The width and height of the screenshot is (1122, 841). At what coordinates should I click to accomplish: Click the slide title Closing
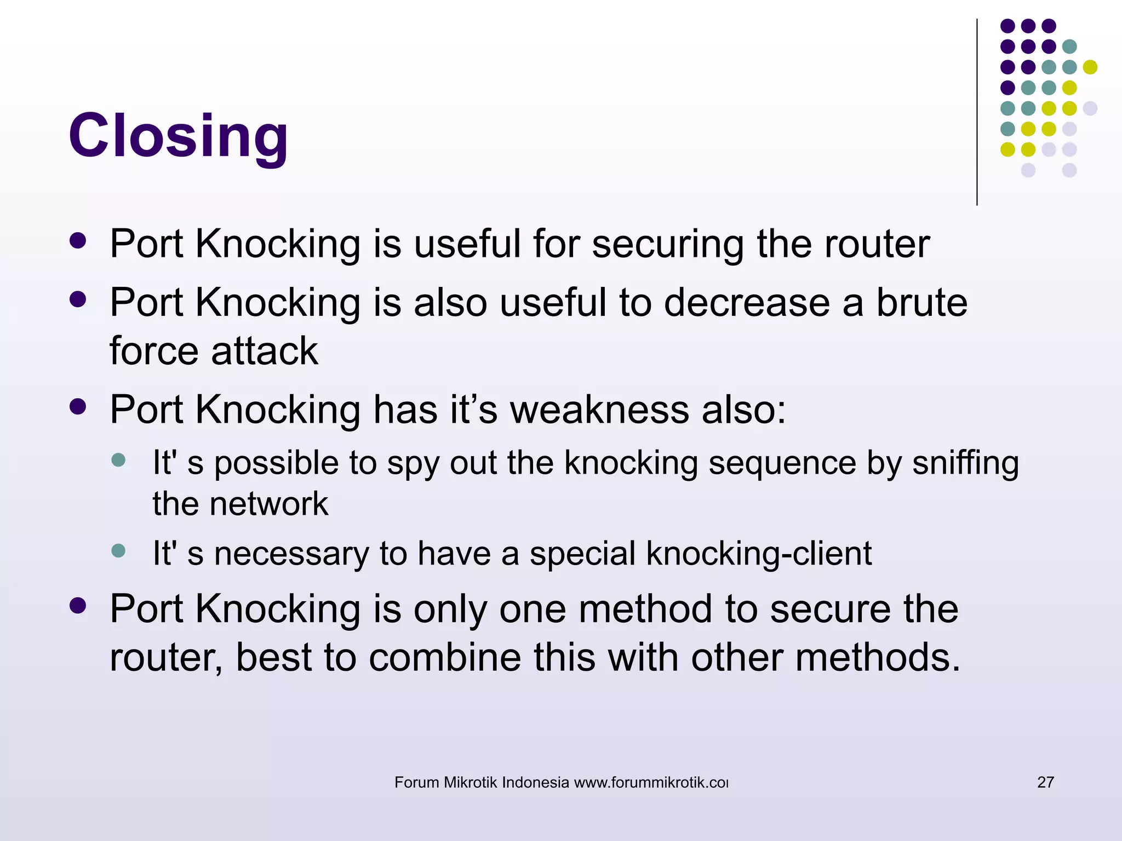(x=179, y=136)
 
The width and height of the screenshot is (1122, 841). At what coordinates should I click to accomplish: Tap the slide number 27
(x=1045, y=782)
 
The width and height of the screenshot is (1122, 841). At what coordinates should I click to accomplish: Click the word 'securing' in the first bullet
(x=667, y=244)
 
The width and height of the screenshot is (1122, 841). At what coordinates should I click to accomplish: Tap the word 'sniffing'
(x=965, y=464)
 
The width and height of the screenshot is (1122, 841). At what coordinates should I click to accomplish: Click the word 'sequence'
(x=782, y=464)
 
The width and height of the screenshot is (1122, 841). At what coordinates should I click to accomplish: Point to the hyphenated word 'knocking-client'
(x=759, y=554)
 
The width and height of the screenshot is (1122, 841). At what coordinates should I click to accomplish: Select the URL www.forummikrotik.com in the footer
(x=651, y=782)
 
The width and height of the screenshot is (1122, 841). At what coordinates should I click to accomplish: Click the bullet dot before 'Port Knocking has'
(x=78, y=406)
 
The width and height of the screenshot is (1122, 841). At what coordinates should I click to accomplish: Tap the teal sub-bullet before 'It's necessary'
(x=118, y=550)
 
